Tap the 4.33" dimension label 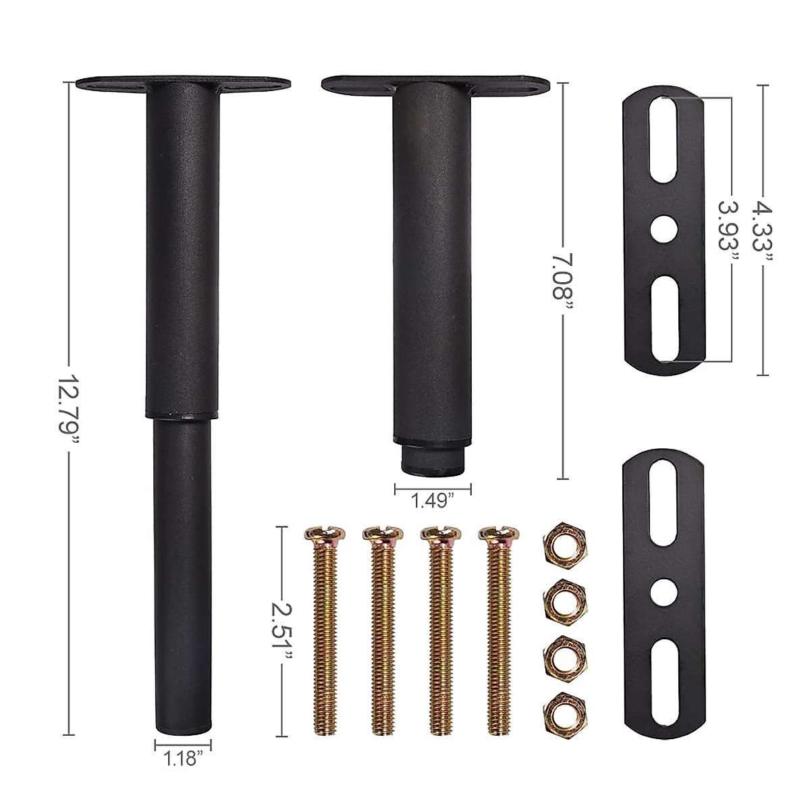coord(763,234)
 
